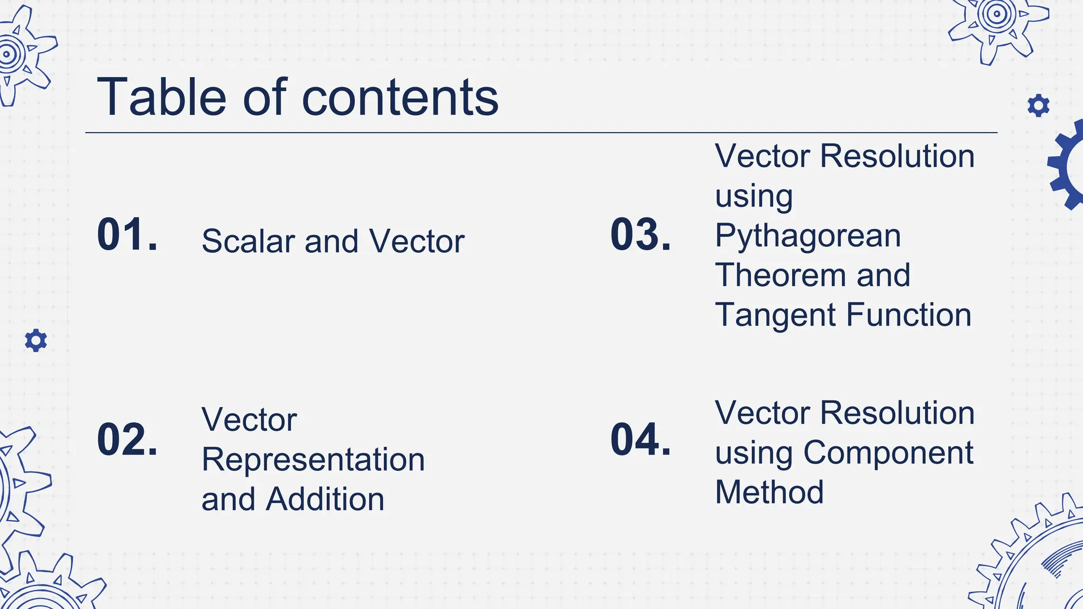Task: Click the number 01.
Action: coord(127,234)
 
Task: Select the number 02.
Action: coord(127,439)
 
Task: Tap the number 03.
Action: coord(640,234)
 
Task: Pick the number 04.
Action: coord(640,439)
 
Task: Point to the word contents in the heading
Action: coord(400,98)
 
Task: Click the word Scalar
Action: coord(248,242)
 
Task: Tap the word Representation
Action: coord(313,460)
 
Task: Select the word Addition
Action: coord(325,500)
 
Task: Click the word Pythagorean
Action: coord(807,236)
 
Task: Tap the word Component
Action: coord(888,453)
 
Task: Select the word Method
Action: coord(769,493)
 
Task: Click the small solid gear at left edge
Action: coord(36,340)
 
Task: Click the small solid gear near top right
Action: coord(1038,106)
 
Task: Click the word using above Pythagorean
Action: coord(754,197)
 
